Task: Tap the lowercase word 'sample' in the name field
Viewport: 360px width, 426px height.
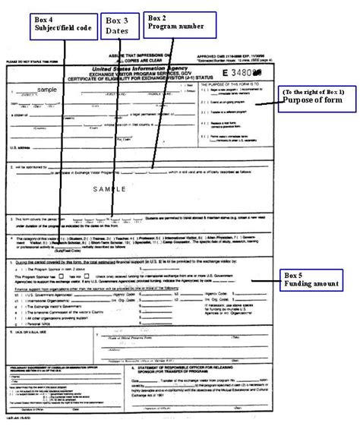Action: click(x=48, y=89)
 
